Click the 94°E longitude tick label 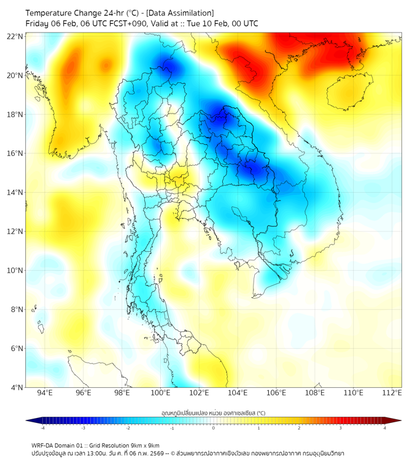pos(45,393)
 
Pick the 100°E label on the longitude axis pos(161,393)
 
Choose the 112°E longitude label pos(392,393)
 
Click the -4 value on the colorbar pos(42,428)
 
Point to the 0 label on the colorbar pos(214,428)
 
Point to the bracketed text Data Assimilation pos(179,13)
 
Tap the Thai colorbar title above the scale pos(213,412)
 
